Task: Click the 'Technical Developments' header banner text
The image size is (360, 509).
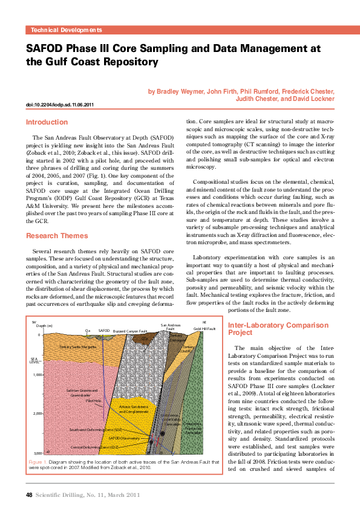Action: (x=66, y=30)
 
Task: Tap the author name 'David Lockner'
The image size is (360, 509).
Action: (x=312, y=98)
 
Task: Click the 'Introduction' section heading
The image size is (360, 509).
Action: (x=47, y=122)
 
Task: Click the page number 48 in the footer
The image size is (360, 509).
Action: (x=29, y=494)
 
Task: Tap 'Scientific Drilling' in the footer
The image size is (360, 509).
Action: (x=62, y=494)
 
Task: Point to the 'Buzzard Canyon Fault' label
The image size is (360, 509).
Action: (x=130, y=331)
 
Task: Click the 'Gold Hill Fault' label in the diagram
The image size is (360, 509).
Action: (x=205, y=328)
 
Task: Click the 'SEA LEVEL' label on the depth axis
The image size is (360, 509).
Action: (x=34, y=360)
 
